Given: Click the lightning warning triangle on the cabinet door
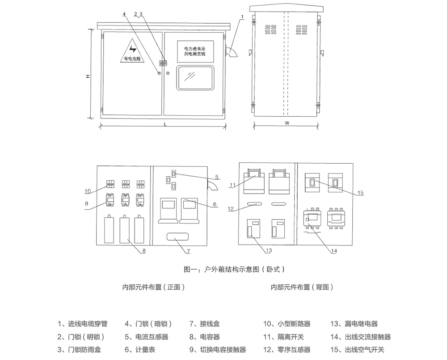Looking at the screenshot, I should [x=132, y=51].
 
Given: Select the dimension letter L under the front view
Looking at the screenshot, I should [x=165, y=124].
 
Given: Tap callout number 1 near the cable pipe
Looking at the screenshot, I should [x=242, y=17].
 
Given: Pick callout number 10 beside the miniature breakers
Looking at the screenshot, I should [x=88, y=191].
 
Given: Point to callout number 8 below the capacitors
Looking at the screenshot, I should [x=144, y=251].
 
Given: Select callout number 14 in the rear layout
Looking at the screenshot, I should [x=333, y=251].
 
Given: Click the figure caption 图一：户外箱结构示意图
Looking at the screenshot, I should [x=234, y=269].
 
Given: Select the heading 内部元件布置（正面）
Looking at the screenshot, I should [x=153, y=287].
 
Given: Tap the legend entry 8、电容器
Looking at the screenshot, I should [x=204, y=337].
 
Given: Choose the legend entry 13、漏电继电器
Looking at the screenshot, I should [x=354, y=324].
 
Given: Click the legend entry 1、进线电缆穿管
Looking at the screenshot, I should [x=82, y=324].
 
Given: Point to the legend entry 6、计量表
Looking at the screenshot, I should [x=140, y=350].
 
